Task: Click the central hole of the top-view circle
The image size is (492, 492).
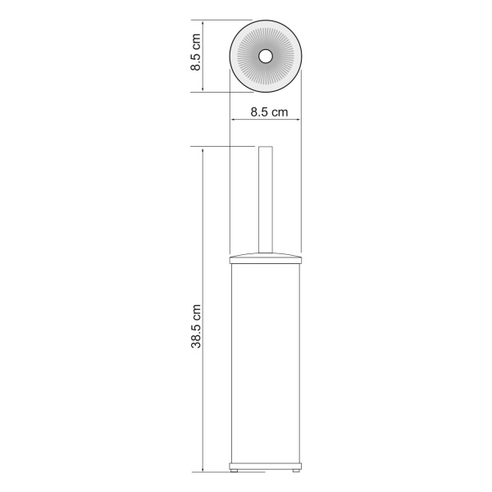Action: point(266,57)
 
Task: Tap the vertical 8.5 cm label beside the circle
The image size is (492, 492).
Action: point(195,52)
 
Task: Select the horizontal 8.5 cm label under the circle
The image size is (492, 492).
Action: point(269,112)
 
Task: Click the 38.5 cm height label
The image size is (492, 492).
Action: point(196,326)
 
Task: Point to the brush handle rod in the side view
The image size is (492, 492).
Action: point(266,199)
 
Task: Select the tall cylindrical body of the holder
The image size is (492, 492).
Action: point(266,363)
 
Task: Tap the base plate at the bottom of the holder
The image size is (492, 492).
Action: point(266,466)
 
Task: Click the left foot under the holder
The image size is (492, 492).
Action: point(235,471)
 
